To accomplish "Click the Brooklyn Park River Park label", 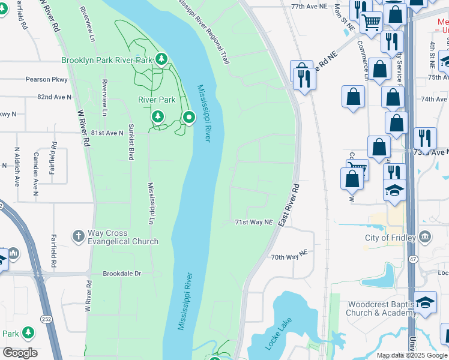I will pos(107,60).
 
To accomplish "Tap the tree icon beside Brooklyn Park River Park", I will pos(161,59).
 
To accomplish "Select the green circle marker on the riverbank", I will pos(189,118).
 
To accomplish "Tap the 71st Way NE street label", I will pos(253,222).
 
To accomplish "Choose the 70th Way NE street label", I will pos(289,257).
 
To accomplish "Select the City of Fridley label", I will pos(390,238).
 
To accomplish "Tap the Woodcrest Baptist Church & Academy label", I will pos(381,308).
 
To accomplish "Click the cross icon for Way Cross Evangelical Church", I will pos(79,236).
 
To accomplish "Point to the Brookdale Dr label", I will pos(121,273).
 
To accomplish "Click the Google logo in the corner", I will pos(20,353).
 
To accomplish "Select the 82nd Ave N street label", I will pos(54,97).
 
